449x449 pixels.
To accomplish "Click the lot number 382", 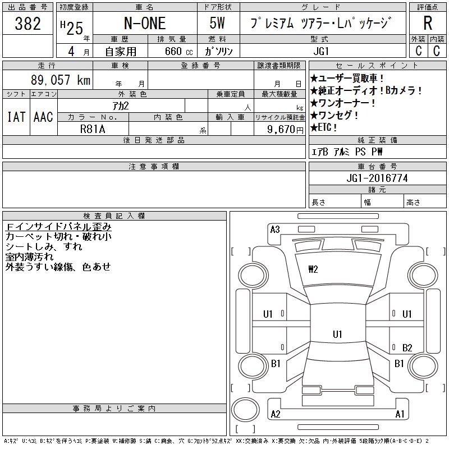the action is pyautogui.click(x=28, y=24).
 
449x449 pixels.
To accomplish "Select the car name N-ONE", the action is pyautogui.click(x=145, y=24).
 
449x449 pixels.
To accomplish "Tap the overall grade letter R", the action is pyautogui.click(x=428, y=23).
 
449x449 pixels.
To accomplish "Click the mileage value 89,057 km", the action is pyautogui.click(x=61, y=80).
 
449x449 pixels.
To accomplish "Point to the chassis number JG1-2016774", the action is pyautogui.click(x=377, y=178).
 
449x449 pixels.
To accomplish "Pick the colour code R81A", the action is pyautogui.click(x=93, y=129).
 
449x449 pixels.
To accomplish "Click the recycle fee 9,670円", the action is pyautogui.click(x=285, y=130).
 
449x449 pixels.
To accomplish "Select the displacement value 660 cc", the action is pyautogui.click(x=178, y=51).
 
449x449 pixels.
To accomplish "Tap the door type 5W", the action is pyautogui.click(x=217, y=23).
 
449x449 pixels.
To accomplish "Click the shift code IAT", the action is pyautogui.click(x=16, y=117).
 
